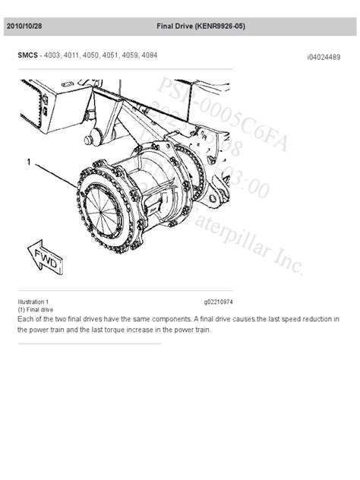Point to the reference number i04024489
(x=324, y=56)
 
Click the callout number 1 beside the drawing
(x=29, y=162)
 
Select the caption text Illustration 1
(x=33, y=302)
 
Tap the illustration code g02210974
(x=218, y=302)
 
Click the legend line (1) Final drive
(x=35, y=310)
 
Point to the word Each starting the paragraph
(x=24, y=319)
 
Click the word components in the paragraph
(x=169, y=319)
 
